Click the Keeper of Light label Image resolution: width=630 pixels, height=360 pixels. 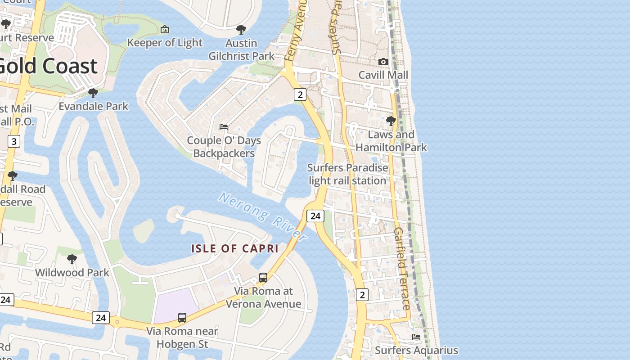click(x=165, y=43)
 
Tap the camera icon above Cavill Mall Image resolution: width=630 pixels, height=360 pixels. click(x=383, y=62)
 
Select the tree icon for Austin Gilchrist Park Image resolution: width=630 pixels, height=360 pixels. click(x=241, y=30)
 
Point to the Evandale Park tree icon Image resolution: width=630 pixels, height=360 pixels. click(x=93, y=93)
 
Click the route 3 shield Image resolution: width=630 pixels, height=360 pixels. click(x=14, y=142)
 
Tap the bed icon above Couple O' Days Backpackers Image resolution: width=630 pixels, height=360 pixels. click(x=224, y=127)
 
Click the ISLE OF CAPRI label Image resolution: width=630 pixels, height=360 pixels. click(x=235, y=248)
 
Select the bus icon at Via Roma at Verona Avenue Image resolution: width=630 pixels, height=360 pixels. click(x=263, y=278)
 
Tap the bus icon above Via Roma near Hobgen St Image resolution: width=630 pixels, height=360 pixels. click(x=182, y=318)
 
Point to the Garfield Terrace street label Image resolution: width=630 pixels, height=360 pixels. click(x=402, y=269)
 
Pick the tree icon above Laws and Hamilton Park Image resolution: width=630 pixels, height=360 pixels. click(x=391, y=121)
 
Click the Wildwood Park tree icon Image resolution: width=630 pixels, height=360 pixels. click(x=72, y=259)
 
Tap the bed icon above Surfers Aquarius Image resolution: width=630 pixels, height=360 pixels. click(x=416, y=337)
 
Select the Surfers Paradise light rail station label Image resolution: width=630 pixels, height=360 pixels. click(x=347, y=174)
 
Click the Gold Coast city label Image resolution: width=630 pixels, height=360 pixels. click(x=47, y=66)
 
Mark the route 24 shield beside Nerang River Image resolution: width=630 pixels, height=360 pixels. click(x=315, y=216)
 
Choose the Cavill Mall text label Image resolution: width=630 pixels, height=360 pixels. click(x=383, y=75)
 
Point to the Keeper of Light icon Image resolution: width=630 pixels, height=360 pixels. click(x=165, y=30)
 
